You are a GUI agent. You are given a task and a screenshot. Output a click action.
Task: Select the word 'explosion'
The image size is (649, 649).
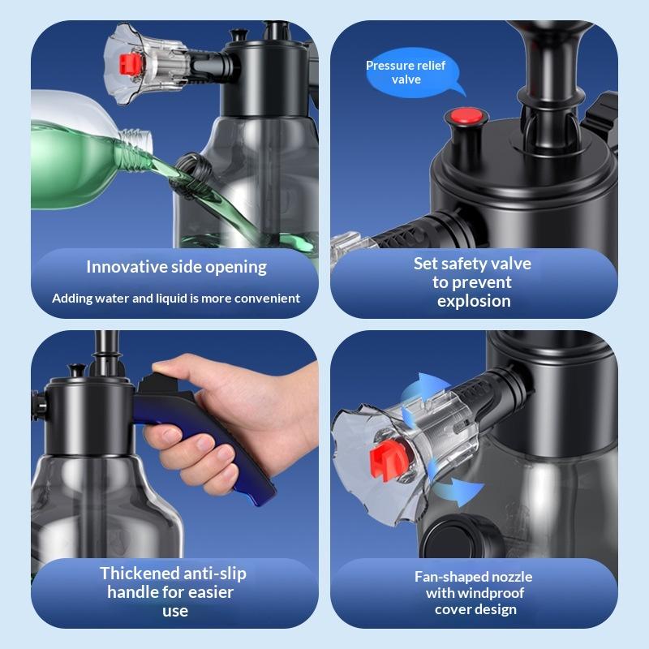click(x=473, y=301)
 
